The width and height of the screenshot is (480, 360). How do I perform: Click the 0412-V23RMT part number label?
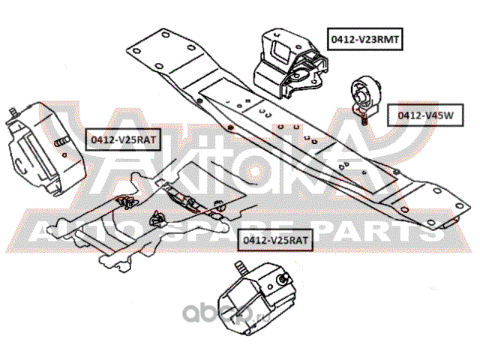click(x=365, y=39)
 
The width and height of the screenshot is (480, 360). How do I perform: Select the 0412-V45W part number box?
click(x=425, y=115)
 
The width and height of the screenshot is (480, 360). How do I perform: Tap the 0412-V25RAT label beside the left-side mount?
click(x=123, y=139)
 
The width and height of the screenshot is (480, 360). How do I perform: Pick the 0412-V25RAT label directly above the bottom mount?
click(x=275, y=240)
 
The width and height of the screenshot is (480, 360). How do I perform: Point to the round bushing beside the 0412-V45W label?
click(x=366, y=94)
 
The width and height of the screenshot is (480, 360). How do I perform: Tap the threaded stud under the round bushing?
click(x=364, y=119)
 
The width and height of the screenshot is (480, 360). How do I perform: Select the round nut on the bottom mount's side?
click(x=282, y=278)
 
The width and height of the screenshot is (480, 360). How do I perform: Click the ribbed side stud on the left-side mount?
click(x=62, y=142)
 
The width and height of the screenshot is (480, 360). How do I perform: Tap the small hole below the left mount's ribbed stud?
click(x=64, y=155)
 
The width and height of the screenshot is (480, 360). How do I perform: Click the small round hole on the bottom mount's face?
click(x=270, y=287)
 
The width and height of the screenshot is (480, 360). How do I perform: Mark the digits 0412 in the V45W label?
click(x=408, y=115)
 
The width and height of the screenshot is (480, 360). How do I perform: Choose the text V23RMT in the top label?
click(x=379, y=39)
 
